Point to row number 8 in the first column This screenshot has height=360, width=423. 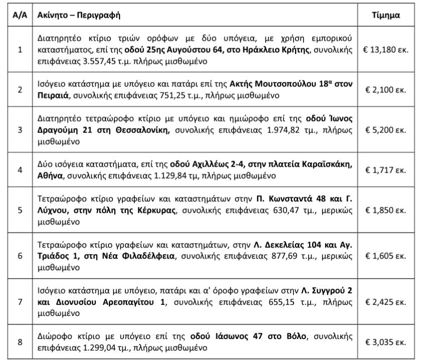20,342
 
